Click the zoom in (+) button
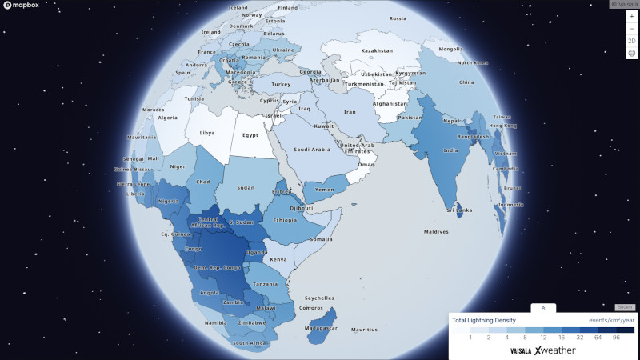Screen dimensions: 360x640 [x=631, y=16]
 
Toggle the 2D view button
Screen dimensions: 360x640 [x=631, y=41]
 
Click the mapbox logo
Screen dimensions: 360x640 [x=23, y=6]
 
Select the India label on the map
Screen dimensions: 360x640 [x=451, y=150]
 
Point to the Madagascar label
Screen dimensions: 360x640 [x=319, y=328]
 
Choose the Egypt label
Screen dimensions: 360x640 [x=250, y=135]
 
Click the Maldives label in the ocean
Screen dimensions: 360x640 [x=436, y=232]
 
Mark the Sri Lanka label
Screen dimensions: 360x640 [x=459, y=210]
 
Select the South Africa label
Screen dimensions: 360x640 [x=249, y=343]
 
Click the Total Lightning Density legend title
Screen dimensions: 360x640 [x=484, y=320]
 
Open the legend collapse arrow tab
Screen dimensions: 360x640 [x=542, y=307]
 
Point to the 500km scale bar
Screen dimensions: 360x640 [x=624, y=307]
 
